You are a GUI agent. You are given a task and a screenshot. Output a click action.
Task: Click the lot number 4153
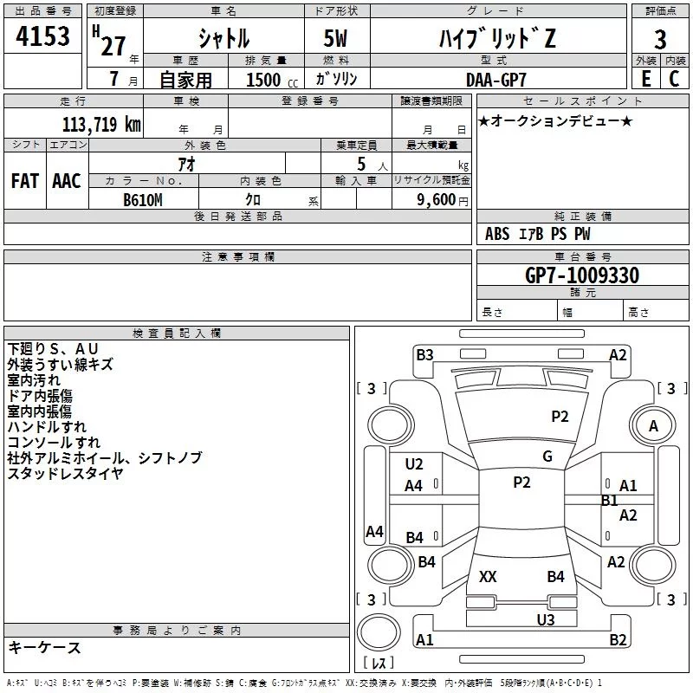pyautogui.click(x=42, y=36)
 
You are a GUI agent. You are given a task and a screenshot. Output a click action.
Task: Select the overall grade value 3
pyautogui.click(x=660, y=39)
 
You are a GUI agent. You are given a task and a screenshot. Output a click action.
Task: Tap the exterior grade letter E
pyautogui.click(x=646, y=79)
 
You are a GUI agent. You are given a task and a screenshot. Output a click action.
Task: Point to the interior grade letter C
pyautogui.click(x=674, y=79)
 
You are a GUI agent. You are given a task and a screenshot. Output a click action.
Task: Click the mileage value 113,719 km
pyautogui.click(x=101, y=124)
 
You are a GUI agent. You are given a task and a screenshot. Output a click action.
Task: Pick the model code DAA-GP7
pyautogui.click(x=496, y=80)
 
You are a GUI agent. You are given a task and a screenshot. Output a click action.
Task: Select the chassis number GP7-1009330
pyautogui.click(x=582, y=275)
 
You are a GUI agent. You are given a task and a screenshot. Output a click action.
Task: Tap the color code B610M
pyautogui.click(x=143, y=200)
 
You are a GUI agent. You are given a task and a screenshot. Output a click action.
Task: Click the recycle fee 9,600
pyautogui.click(x=437, y=200)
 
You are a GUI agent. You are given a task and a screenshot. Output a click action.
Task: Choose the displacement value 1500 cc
pyautogui.click(x=272, y=80)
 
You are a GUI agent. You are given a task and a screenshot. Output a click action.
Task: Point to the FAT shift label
pyautogui.click(x=25, y=181)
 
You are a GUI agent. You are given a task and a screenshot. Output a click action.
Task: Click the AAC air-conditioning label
pyautogui.click(x=67, y=181)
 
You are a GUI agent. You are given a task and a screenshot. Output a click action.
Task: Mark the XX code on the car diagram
pyautogui.click(x=488, y=576)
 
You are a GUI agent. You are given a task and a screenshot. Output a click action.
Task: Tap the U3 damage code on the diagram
pyautogui.click(x=546, y=619)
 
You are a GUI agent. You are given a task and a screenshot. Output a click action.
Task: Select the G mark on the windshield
pyautogui.click(x=547, y=457)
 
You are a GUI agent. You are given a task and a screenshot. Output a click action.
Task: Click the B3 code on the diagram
pyautogui.click(x=424, y=355)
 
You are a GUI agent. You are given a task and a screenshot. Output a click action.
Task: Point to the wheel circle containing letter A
pyautogui.click(x=653, y=426)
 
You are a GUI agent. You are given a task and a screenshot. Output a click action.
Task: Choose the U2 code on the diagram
pyautogui.click(x=414, y=464)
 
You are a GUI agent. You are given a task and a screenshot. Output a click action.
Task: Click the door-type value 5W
pyautogui.click(x=335, y=38)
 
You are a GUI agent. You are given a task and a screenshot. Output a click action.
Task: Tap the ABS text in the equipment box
pyautogui.click(x=497, y=234)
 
